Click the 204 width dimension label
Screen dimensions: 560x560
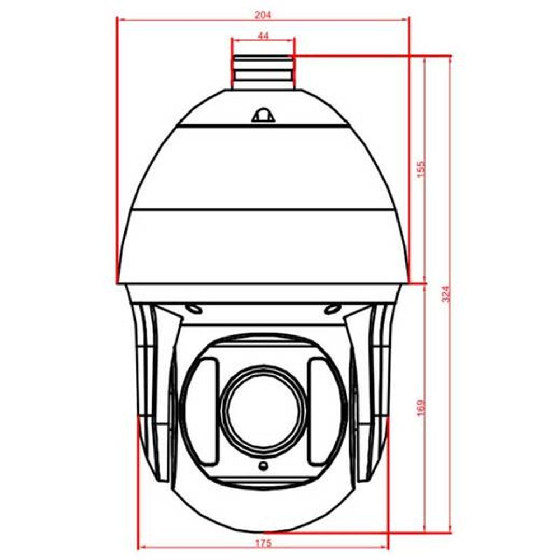[x=263, y=15]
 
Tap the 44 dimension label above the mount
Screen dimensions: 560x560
[x=263, y=36]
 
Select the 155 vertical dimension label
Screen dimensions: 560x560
[x=422, y=169]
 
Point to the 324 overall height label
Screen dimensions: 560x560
[x=446, y=294]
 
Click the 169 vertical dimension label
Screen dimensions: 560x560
[x=422, y=407]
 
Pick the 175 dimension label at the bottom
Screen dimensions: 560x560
[x=263, y=543]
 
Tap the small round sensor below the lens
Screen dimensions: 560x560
[x=263, y=465]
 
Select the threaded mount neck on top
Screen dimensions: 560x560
[x=263, y=72]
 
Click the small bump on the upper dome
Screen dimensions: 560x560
[x=264, y=115]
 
